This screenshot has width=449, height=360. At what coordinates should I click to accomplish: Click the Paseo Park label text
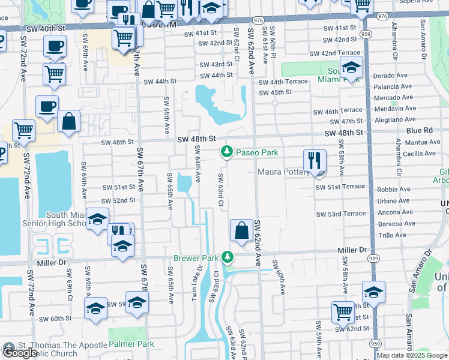pos(256,152)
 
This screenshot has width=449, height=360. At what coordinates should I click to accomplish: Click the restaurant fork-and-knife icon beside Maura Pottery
pos(315,161)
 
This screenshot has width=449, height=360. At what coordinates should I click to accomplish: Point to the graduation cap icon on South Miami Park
pos(351,68)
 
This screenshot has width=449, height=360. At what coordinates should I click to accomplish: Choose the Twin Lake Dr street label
pos(194,286)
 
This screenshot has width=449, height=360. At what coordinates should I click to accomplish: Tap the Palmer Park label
pos(131,344)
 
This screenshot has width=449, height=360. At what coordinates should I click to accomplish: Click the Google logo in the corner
pos(20,353)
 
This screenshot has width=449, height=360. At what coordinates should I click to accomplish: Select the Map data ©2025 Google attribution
pos(412,355)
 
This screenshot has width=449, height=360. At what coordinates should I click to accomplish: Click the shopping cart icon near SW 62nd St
pos(343,312)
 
